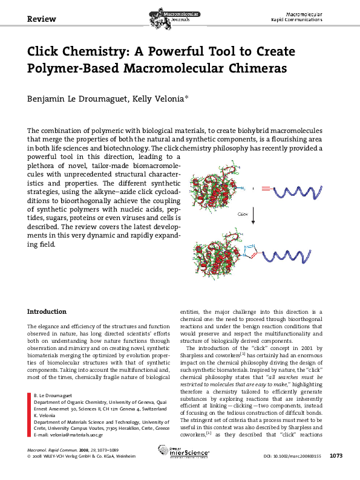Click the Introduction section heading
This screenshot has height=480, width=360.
(47, 311)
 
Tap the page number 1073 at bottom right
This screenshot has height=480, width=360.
(338, 471)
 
